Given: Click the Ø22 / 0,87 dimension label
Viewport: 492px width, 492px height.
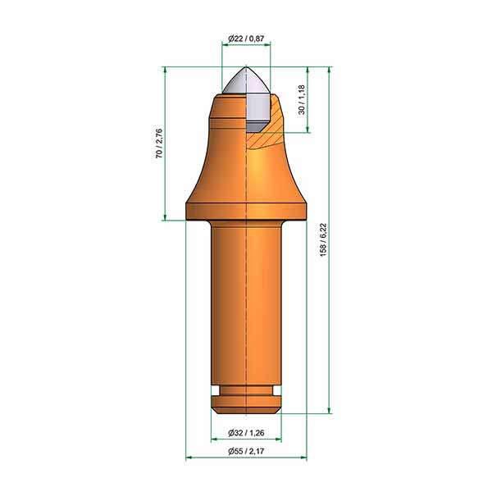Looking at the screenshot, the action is click(x=246, y=39).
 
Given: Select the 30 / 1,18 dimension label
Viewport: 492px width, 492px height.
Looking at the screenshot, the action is click(x=302, y=99).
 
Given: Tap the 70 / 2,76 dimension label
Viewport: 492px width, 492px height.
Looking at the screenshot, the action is click(x=159, y=143).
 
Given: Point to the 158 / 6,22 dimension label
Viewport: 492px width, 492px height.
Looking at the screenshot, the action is click(x=323, y=239).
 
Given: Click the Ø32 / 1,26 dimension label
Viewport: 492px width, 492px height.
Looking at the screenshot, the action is click(x=246, y=433).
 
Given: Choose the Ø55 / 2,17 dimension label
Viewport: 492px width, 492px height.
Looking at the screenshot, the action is click(x=246, y=451).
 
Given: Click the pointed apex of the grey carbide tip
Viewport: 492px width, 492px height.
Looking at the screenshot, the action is click(x=246, y=66).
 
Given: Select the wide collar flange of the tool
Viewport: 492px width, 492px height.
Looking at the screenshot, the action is click(x=246, y=212).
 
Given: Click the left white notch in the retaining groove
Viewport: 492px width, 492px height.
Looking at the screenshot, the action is click(x=215, y=391).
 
